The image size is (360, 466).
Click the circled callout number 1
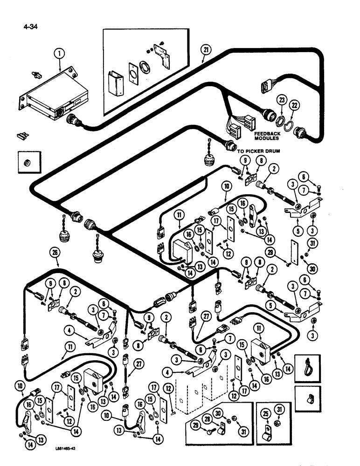(59, 55)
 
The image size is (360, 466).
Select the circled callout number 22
(293, 105)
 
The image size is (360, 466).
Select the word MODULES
(267, 138)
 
